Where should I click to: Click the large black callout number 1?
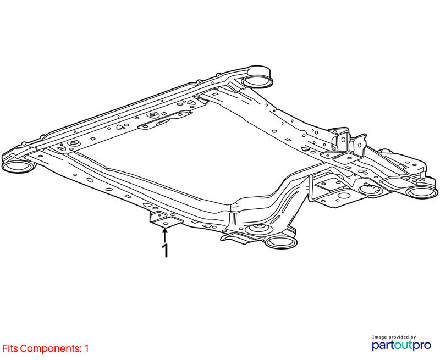click(166, 251)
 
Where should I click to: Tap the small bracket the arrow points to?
click(165, 219)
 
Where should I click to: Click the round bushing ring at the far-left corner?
click(19, 167)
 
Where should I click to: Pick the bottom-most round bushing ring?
click(281, 242)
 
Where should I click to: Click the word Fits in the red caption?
click(10, 348)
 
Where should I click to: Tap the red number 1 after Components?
click(86, 348)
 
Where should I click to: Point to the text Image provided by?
click(394, 337)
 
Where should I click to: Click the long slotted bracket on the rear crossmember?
click(165, 120)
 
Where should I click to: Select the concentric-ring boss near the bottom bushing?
click(259, 230)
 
